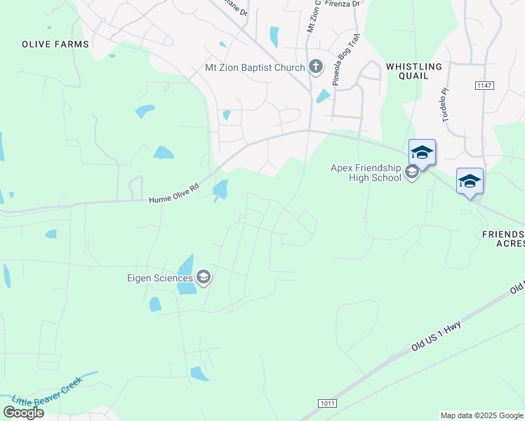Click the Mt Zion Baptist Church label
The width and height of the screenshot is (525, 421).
point(254,67)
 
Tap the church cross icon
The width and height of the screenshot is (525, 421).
point(316,67)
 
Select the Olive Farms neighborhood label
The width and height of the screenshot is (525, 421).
point(55,44)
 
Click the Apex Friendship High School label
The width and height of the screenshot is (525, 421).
point(366,172)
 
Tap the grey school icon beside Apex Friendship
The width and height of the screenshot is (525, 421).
point(412,172)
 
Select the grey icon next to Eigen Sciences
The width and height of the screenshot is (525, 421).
point(204,279)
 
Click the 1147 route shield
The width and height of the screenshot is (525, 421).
point(483,85)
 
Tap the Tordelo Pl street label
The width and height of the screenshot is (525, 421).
point(444,105)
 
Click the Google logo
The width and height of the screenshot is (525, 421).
point(23,413)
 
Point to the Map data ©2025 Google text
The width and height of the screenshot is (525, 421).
point(481,415)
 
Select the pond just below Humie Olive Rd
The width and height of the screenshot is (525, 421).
point(220,189)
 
